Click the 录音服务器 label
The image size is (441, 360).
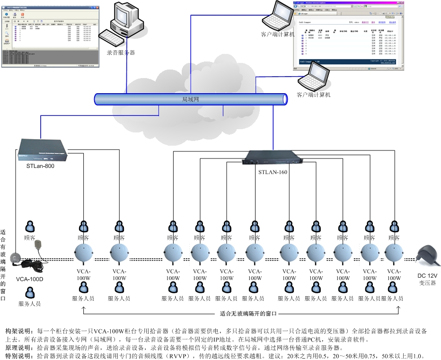tap(121, 53)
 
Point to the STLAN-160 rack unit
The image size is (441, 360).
tap(273, 158)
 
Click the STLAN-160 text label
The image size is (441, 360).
tap(273, 172)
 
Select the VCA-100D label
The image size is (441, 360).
tap(29, 279)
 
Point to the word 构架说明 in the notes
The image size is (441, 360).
tap(18, 330)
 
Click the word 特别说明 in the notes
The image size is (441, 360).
tap(18, 355)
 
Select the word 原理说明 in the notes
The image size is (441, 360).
tap(18, 347)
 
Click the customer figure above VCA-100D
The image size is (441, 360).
tap(30, 227)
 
